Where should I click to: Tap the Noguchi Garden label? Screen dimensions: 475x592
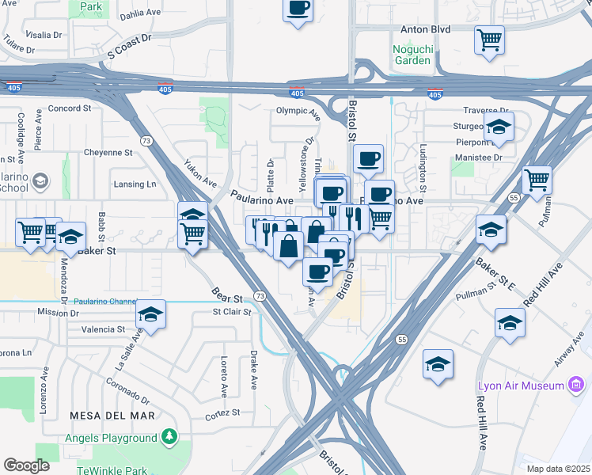pyautogui.click(x=412, y=54)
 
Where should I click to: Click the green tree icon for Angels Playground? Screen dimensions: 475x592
pyautogui.click(x=169, y=437)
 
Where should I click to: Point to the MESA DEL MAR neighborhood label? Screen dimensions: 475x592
pyautogui.click(x=112, y=415)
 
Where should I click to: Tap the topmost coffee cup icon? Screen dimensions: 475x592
pyautogui.click(x=298, y=9)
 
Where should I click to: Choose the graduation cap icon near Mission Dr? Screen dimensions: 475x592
pyautogui.click(x=150, y=313)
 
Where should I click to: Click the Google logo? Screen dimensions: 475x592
pyautogui.click(x=26, y=465)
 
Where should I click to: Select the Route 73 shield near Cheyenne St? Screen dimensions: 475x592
pyautogui.click(x=146, y=140)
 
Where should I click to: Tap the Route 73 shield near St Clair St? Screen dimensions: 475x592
pyautogui.click(x=259, y=295)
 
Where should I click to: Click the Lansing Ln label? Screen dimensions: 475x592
pyautogui.click(x=137, y=184)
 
